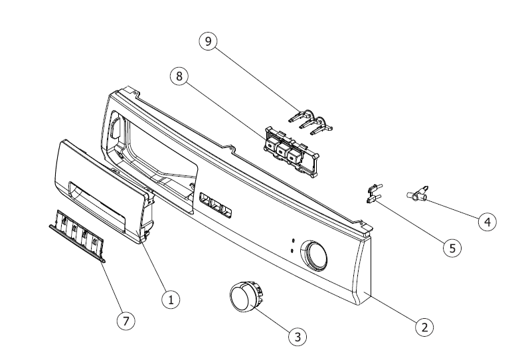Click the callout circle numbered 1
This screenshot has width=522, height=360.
pos(171,300)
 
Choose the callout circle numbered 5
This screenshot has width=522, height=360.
pos(452,248)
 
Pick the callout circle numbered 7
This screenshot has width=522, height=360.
pos(124,320)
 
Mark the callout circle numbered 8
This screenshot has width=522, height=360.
pos(178,76)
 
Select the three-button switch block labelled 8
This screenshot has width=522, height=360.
pos(288,149)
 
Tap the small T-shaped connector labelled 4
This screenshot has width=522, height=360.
pos(416,194)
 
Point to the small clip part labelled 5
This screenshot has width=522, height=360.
pos(373,193)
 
